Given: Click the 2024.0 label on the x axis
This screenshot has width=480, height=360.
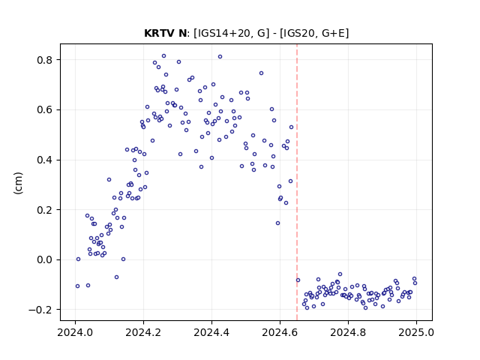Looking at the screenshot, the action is click(x=75, y=332).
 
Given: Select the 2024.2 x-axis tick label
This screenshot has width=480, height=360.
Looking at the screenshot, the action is click(x=143, y=332).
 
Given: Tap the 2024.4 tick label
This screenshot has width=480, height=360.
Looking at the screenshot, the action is click(x=211, y=332).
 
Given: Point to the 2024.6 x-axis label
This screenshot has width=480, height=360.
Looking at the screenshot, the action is click(x=280, y=332).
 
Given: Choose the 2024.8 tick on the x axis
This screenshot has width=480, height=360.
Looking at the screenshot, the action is click(x=348, y=332).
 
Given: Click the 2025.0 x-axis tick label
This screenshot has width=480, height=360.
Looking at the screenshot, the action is click(x=416, y=332).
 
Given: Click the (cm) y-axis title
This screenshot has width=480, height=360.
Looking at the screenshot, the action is click(x=18, y=183).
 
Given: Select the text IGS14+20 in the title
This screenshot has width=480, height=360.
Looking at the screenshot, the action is click(x=223, y=33).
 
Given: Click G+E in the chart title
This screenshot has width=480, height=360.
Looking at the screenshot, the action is click(x=331, y=33).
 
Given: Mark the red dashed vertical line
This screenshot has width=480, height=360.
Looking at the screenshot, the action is click(x=297, y=182).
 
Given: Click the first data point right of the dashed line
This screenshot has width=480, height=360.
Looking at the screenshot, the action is click(x=298, y=280).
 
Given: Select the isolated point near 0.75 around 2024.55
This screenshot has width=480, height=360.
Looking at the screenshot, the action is click(x=262, y=73).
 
